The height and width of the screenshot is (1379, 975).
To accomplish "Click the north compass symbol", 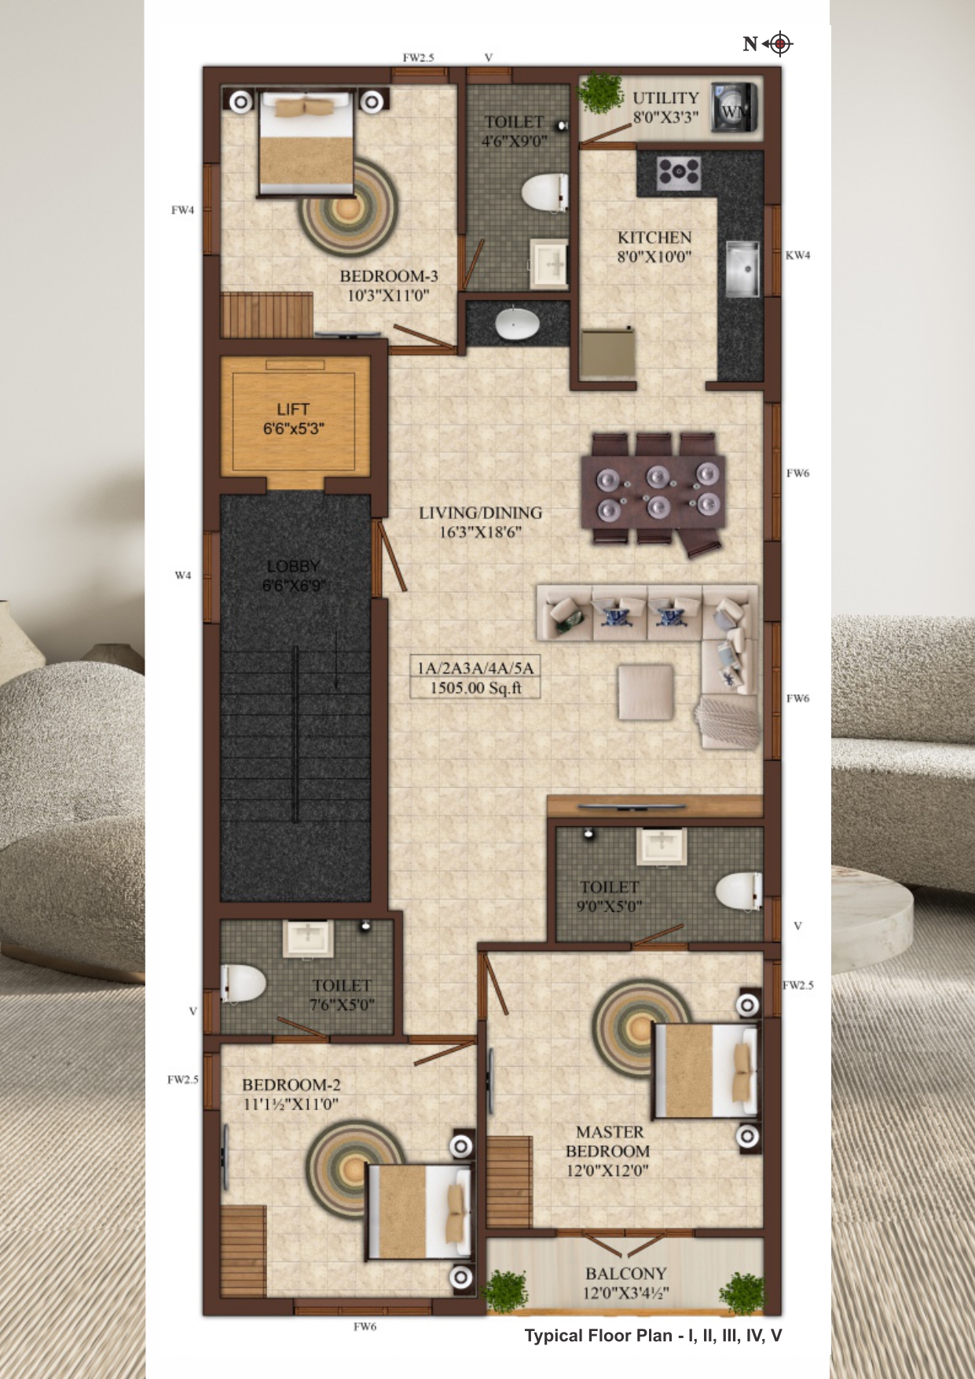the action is point(779,44).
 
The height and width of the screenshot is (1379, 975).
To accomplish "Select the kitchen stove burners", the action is point(679,173).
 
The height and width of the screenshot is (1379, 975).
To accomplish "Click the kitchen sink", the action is point(742,270).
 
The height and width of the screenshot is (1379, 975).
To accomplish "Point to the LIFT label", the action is point(293,409).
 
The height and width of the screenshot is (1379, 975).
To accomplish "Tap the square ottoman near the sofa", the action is point(646,692).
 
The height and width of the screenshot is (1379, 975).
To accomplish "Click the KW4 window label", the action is point(797,255).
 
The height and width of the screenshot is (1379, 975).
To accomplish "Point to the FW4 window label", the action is point(182,210).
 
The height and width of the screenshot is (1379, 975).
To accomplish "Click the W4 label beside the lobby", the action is point(182,576).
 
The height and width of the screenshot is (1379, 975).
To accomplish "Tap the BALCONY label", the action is point(625,1273).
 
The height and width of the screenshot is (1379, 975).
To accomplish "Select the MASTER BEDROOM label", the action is point(609,1142).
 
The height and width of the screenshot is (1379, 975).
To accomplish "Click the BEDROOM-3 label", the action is point(389,276).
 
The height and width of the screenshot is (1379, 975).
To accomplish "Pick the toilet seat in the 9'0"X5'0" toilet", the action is point(739,892).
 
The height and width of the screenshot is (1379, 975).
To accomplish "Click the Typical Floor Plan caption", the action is point(653,1336).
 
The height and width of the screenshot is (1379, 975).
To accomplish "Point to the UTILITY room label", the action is point(665,97).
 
